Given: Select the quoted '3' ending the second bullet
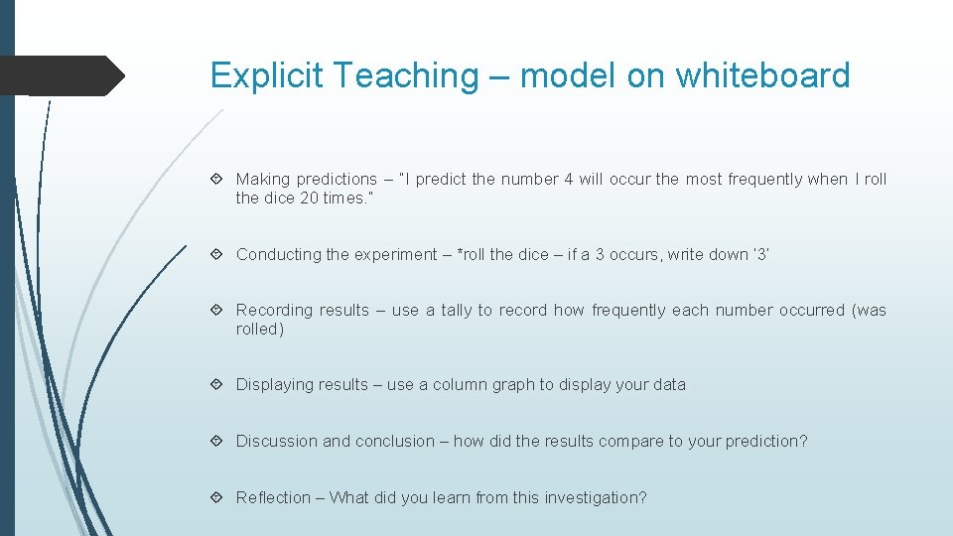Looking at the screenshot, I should click(760, 255).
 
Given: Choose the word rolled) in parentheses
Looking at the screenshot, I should click(260, 330).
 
